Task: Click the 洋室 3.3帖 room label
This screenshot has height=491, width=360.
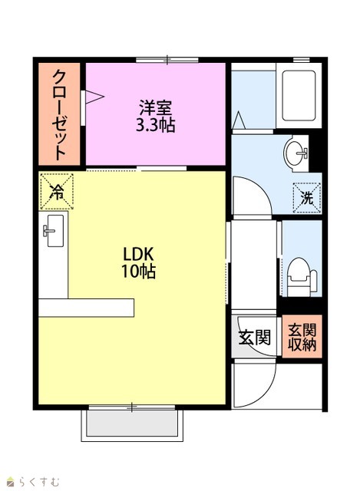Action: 155,116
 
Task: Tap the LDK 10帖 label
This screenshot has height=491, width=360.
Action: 139,262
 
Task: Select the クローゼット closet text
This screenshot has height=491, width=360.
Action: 59,114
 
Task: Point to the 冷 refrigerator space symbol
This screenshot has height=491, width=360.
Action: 57,191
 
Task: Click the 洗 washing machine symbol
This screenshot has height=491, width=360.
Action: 307,198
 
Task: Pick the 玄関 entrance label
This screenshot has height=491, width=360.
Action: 254,338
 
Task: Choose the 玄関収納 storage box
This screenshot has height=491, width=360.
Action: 302,337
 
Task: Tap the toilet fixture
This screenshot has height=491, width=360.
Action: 302,278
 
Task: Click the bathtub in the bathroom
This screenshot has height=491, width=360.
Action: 299,95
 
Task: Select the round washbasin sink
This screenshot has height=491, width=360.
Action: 296,153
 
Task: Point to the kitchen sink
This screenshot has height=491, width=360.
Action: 54,231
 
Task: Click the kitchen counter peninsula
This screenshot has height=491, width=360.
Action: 86,308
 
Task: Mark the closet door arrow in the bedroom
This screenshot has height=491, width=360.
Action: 94,97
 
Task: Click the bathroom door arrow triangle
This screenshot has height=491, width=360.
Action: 239,120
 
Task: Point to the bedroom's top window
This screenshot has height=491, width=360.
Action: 167,60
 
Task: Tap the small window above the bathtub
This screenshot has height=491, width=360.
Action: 301,60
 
